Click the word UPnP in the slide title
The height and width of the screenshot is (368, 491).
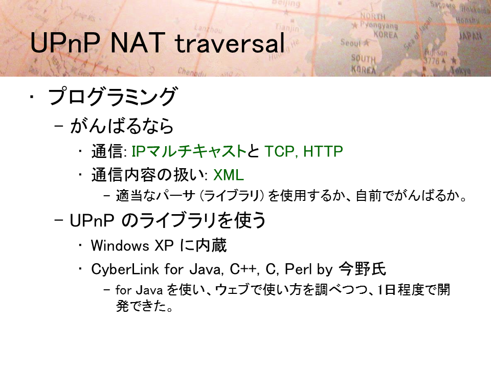(x=65, y=42)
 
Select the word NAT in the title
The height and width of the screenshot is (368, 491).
(x=138, y=42)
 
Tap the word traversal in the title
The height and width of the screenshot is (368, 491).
(x=230, y=43)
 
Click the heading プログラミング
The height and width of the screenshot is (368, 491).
(x=113, y=96)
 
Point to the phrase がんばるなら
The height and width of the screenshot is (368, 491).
(x=122, y=126)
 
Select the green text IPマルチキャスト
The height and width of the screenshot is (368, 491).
(x=189, y=151)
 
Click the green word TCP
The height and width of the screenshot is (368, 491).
(x=279, y=151)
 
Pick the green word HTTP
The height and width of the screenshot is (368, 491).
(x=323, y=151)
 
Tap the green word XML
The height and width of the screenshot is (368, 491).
(x=228, y=175)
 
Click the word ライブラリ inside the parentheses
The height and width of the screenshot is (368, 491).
(x=232, y=196)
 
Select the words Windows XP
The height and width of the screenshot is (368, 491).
(x=132, y=245)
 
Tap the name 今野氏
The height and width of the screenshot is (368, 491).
(x=363, y=269)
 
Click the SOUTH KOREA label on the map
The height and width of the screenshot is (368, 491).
(x=363, y=64)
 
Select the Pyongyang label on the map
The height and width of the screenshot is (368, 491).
(x=378, y=25)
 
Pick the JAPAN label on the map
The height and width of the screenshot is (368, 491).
(x=471, y=36)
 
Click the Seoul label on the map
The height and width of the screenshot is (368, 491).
(x=351, y=42)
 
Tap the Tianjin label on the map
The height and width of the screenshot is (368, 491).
(x=287, y=27)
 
